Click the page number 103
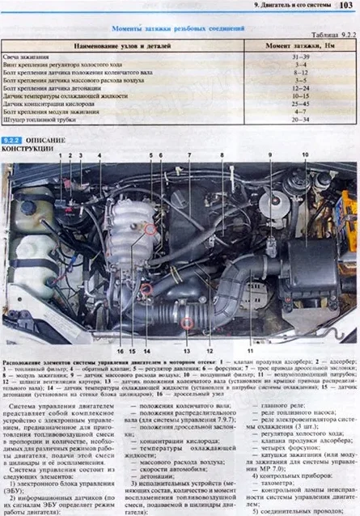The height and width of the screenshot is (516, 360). point(347,6)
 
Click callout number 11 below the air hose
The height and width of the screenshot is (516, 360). point(250,352)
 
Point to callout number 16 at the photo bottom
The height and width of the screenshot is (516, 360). point(119,352)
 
